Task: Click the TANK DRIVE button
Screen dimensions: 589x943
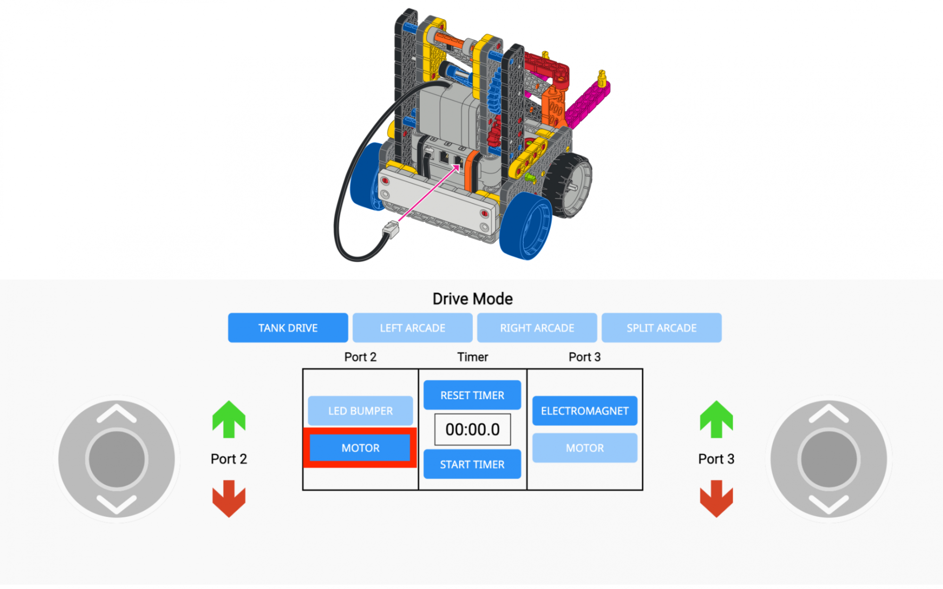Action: [x=288, y=328]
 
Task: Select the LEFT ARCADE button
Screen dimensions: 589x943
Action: [x=412, y=328]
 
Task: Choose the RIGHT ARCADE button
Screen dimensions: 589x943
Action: [x=537, y=328]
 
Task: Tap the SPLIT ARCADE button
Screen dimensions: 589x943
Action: [x=661, y=328]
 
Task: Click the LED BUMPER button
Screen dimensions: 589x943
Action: [x=360, y=411]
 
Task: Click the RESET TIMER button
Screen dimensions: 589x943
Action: [x=472, y=395]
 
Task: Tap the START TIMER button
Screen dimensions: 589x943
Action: [x=472, y=465]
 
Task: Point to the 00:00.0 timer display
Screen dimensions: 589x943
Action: [x=472, y=429]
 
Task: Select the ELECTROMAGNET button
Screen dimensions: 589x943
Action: [x=584, y=411]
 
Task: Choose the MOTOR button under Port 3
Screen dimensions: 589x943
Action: [x=584, y=448]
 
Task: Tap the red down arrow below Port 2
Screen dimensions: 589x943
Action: [x=229, y=499]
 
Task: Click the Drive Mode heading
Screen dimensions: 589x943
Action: [x=472, y=299]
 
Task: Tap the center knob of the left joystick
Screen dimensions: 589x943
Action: [x=116, y=459]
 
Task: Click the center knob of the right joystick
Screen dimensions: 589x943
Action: [x=828, y=459]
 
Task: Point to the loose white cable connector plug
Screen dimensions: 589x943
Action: [x=391, y=229]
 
